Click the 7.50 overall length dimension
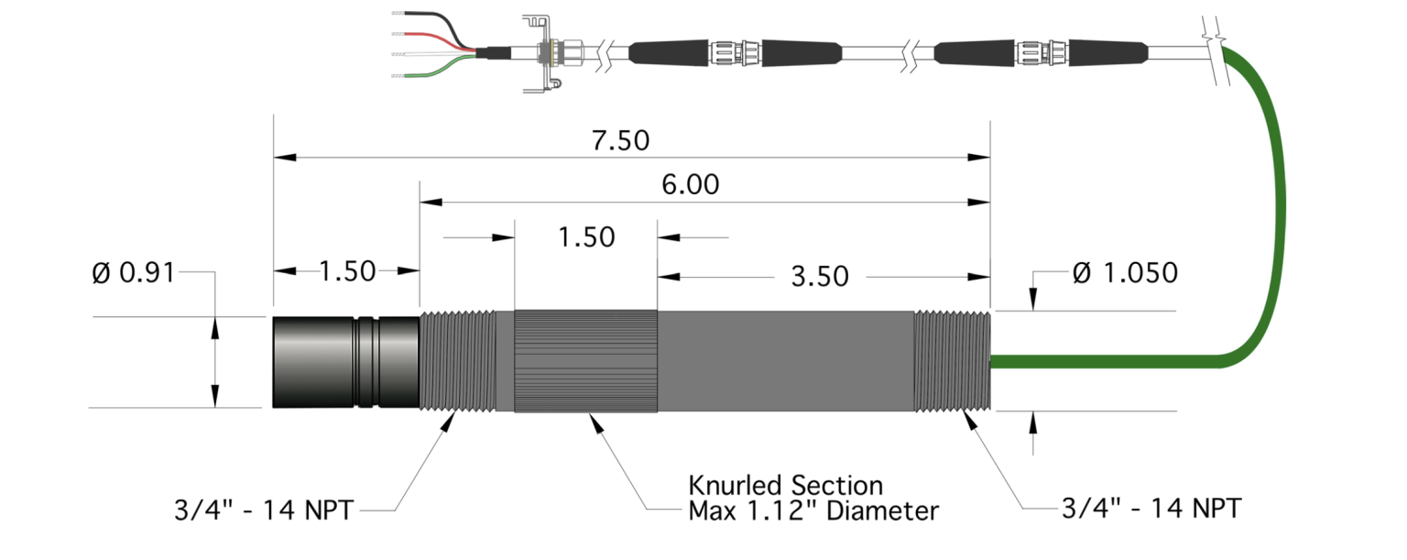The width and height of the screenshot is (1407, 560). point(620,141)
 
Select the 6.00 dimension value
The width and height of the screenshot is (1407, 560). point(690,185)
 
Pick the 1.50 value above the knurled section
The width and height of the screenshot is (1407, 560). point(586,236)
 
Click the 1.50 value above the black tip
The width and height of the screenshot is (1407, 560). point(347,271)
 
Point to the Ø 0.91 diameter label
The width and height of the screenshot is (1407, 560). point(134,272)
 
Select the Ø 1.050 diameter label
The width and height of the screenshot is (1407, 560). point(1124,272)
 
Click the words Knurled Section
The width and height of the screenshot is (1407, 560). point(785,485)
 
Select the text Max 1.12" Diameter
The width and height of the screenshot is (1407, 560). point(813,510)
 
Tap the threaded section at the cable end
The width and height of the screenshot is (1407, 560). point(953,361)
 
